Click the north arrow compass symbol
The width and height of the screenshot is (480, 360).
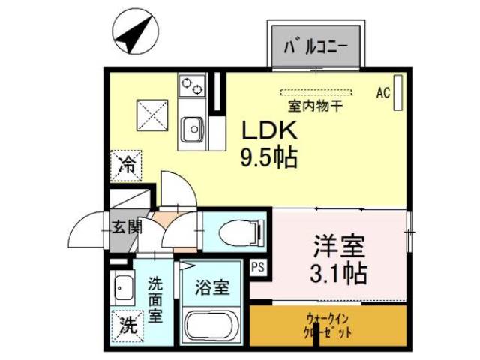pos(136,31)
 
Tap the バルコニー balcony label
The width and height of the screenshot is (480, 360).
pos(316,46)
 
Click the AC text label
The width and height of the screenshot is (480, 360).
pos(383,92)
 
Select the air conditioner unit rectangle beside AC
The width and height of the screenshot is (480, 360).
pos(398,92)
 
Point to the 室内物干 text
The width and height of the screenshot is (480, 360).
pos(315,106)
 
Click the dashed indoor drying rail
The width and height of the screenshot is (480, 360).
pos(316,91)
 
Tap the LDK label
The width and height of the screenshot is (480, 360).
pos(269,130)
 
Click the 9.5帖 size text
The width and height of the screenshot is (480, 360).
pos(269,157)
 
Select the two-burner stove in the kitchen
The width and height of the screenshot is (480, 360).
pos(192,85)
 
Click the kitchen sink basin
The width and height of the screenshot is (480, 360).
pos(193,129)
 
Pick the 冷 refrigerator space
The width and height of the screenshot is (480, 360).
pos(126,166)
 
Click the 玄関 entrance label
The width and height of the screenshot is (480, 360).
pos(127,227)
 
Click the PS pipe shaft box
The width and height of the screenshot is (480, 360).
pos(258,267)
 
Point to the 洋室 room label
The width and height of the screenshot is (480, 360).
pos(339,245)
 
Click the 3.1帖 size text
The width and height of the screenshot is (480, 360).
pos(338,273)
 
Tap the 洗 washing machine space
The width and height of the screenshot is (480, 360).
pos(127,325)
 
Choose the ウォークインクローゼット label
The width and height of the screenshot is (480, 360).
pos(328,326)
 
